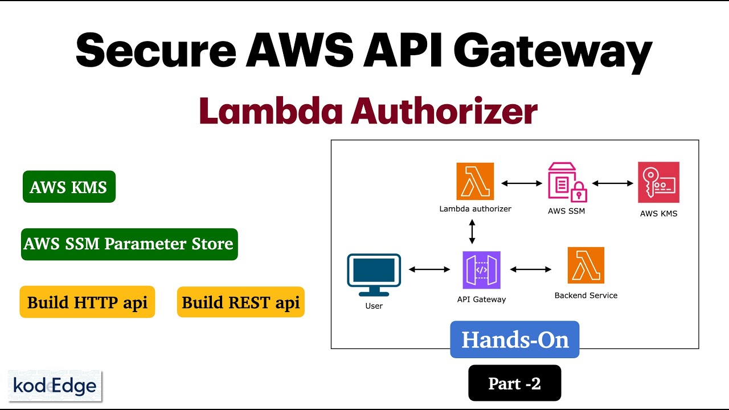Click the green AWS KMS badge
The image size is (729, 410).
69,187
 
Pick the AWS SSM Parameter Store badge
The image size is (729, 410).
129,244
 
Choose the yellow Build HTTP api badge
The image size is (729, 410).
87,302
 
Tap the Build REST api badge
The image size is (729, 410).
240,302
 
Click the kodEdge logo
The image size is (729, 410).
55,386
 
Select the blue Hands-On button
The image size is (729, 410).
514,339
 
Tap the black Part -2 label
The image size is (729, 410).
514,383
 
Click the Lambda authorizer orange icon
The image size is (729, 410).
475,182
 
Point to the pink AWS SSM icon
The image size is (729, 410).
567,182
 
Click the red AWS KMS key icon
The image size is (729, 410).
658,182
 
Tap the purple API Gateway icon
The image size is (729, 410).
481,270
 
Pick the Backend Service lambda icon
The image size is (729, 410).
585,265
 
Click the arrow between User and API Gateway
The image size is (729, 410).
429,269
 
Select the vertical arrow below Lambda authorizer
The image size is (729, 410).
472,232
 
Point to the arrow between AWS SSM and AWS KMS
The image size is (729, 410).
613,183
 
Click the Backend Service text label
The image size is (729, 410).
585,296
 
